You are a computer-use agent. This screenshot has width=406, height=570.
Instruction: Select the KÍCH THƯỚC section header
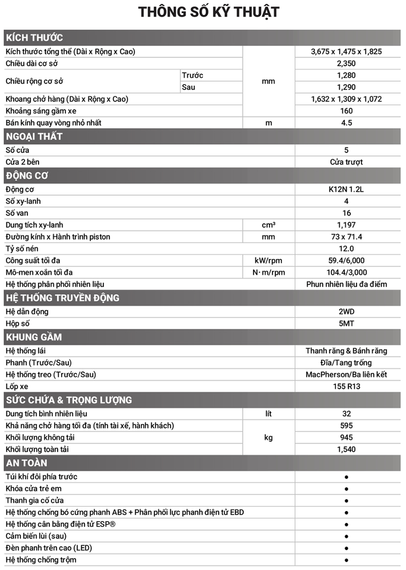35,38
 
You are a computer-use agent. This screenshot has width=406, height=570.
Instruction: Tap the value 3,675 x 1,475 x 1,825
346,51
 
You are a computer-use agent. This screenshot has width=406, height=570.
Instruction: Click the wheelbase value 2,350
346,63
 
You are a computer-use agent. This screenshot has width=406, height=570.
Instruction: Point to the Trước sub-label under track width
192,75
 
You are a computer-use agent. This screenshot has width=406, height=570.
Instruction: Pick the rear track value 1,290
346,87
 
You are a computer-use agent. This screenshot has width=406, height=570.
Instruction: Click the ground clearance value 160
346,111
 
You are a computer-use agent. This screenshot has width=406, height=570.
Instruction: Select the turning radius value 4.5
346,122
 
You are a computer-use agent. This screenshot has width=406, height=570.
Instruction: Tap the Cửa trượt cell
346,162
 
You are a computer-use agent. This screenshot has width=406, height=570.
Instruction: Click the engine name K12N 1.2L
346,189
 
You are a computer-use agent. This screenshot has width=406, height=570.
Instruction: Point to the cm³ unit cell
269,225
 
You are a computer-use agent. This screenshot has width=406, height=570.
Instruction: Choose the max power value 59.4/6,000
346,260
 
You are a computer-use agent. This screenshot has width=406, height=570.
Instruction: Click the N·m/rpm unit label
269,273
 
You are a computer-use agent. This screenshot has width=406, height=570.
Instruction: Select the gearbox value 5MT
346,323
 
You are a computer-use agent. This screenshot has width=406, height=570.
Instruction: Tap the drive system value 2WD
346,312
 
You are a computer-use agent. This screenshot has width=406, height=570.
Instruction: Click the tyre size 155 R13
346,386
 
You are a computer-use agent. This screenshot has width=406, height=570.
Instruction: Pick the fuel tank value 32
346,413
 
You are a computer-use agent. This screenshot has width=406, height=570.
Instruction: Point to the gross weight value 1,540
346,449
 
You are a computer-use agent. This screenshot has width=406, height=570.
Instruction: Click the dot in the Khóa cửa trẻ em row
346,489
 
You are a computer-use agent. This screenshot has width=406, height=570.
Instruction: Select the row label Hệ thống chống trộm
41,560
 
